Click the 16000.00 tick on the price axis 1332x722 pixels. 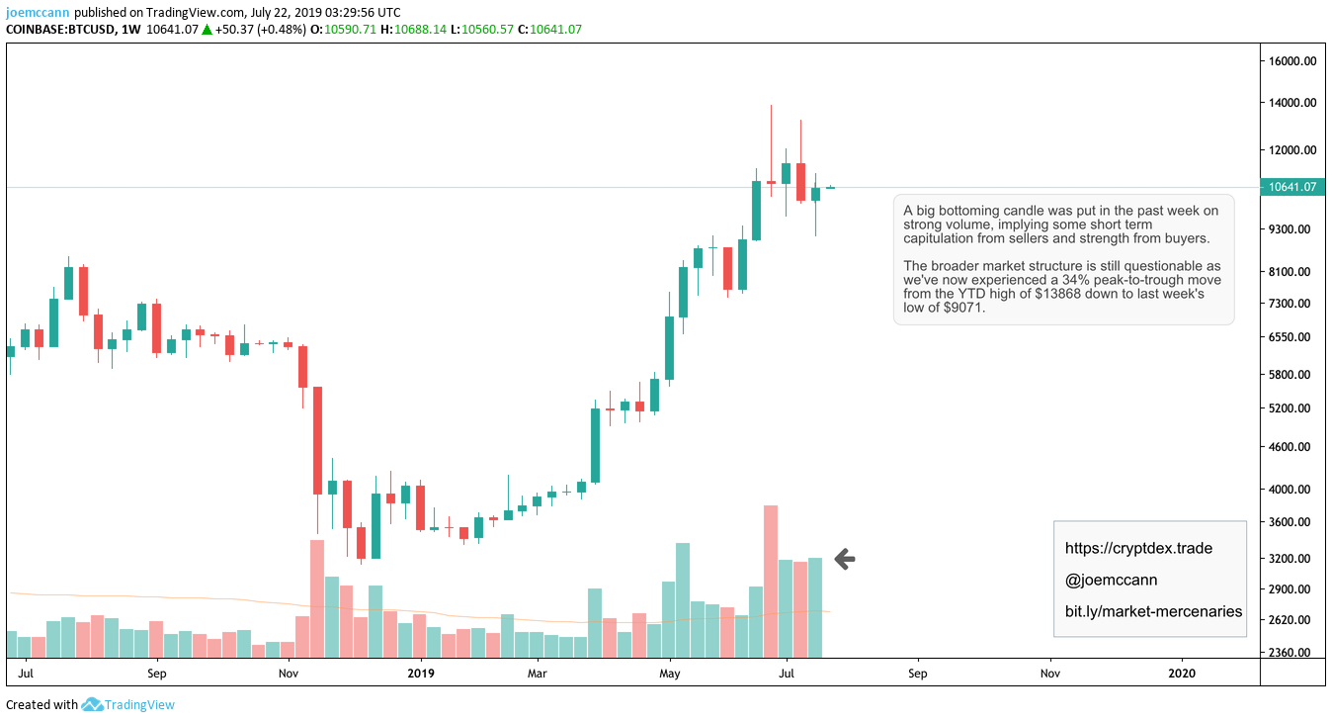tap(1294, 61)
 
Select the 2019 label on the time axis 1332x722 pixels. tap(421, 674)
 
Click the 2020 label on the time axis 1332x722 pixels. tap(1181, 674)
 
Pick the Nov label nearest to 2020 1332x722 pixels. tap(1049, 674)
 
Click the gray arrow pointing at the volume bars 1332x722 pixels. tap(844, 559)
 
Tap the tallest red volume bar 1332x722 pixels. tap(771, 582)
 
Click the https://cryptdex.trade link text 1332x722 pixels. tap(1138, 548)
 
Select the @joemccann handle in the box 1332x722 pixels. tap(1111, 580)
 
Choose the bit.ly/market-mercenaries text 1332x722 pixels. tap(1153, 611)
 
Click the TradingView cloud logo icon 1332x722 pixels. tap(92, 705)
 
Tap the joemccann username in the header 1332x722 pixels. tap(38, 13)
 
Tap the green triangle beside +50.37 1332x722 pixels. tap(207, 30)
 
